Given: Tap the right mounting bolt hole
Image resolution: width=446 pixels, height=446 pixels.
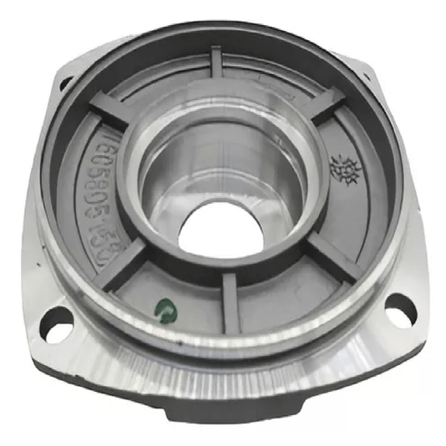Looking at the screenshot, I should (x=402, y=308).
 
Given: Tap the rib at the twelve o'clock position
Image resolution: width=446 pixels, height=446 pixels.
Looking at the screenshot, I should (x=216, y=67).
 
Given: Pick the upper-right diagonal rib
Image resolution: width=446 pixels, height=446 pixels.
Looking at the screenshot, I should (x=326, y=104).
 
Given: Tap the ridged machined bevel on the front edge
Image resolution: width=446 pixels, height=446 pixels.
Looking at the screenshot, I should (x=226, y=376).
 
